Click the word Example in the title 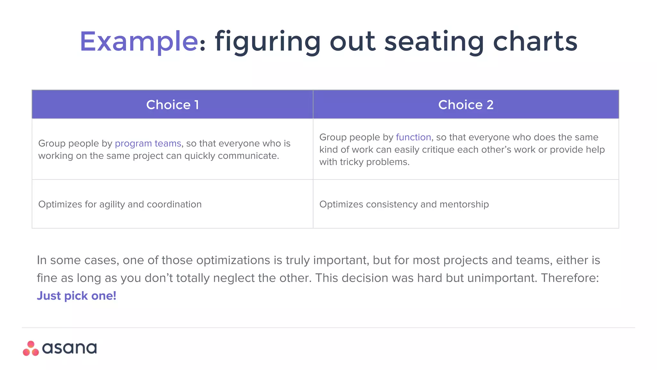138,42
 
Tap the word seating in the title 434,42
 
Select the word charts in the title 535,42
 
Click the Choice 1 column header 173,105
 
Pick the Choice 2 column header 466,105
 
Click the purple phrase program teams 148,143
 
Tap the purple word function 413,137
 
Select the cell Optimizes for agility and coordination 120,204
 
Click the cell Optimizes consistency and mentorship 404,204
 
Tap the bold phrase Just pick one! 76,296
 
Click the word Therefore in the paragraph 568,278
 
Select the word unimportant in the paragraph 502,278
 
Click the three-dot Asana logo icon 31,349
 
